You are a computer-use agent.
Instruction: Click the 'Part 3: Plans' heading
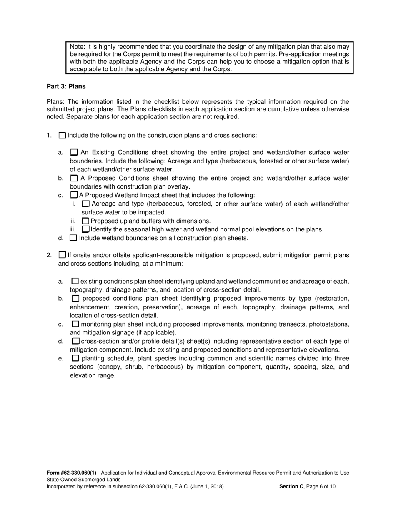[x=66, y=87]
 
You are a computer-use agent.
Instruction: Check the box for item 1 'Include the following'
[x=63, y=136]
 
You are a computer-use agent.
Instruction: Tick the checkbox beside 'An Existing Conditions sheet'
[x=74, y=153]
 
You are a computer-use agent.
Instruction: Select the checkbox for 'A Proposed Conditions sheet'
[x=74, y=179]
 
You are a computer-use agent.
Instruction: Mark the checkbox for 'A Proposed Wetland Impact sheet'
[x=74, y=195]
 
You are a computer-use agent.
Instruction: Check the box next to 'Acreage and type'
[x=85, y=204]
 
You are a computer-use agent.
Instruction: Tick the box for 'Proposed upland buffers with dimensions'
[x=85, y=221]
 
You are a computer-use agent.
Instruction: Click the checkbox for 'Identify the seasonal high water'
[x=85, y=229]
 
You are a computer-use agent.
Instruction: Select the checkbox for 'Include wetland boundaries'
[x=73, y=238]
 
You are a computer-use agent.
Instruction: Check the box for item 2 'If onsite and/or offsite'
[x=63, y=255]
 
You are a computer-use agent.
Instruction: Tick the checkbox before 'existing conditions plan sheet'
[x=75, y=282]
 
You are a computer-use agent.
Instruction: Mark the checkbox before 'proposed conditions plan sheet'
[x=75, y=299]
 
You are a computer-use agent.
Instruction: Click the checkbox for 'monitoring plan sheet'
[x=75, y=324]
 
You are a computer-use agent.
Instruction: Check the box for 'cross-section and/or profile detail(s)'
[x=75, y=342]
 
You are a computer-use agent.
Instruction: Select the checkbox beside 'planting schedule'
[x=75, y=358]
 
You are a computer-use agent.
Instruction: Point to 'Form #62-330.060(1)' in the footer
[x=71, y=473]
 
